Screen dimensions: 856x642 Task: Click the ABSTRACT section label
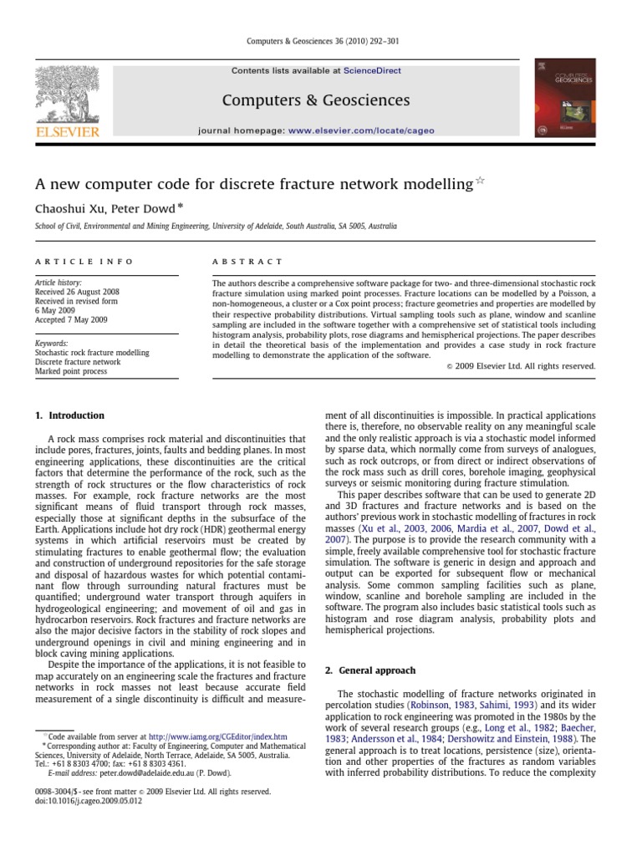pyautogui.click(x=248, y=262)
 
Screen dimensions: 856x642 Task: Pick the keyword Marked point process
pyautogui.click(x=71, y=371)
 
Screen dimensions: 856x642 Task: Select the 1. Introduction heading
pyautogui.click(x=69, y=415)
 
